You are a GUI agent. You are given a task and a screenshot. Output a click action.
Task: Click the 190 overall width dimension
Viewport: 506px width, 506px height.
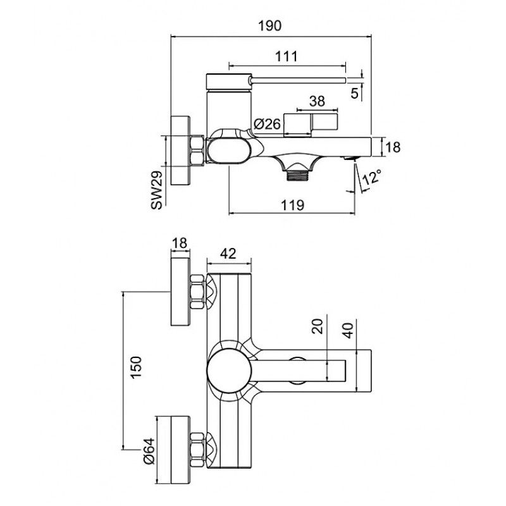[x=270, y=26]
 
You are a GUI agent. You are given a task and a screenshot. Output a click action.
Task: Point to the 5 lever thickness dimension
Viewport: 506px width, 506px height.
[x=354, y=92]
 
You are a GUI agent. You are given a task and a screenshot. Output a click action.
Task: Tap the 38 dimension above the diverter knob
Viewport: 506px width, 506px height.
[x=318, y=100]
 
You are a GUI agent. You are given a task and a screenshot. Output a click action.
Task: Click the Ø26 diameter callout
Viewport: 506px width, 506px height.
[x=266, y=125]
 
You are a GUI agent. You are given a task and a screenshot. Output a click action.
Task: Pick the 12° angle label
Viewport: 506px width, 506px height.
[x=373, y=177]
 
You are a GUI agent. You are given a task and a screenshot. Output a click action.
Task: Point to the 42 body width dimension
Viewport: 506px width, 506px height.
[x=228, y=254]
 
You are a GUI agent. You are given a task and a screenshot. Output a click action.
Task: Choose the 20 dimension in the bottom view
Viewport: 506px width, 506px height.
[x=318, y=326]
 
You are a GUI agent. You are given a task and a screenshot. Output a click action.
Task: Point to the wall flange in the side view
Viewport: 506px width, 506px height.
[x=183, y=151]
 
